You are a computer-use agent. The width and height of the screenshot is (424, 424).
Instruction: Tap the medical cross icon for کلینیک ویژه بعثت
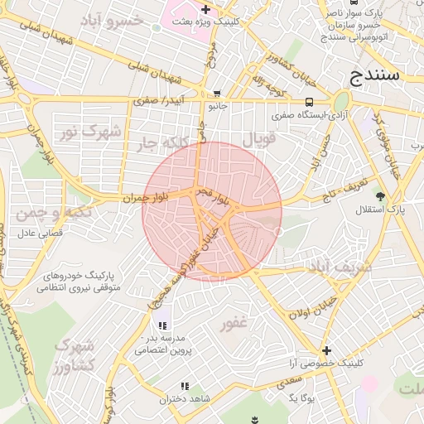pyautogui.click(x=205, y=9)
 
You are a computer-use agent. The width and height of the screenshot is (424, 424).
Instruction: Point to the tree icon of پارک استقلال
pyautogui.click(x=380, y=196)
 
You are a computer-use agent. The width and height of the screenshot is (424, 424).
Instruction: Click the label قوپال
pyautogui.click(x=258, y=139)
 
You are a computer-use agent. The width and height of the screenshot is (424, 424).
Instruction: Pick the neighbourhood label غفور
pyautogui.click(x=234, y=324)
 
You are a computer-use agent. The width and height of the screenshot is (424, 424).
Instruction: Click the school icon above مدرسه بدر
pyautogui.click(x=161, y=325)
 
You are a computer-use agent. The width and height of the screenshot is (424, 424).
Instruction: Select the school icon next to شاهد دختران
pyautogui.click(x=185, y=386)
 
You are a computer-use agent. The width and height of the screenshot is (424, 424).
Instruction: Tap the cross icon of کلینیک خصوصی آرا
pyautogui.click(x=326, y=351)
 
